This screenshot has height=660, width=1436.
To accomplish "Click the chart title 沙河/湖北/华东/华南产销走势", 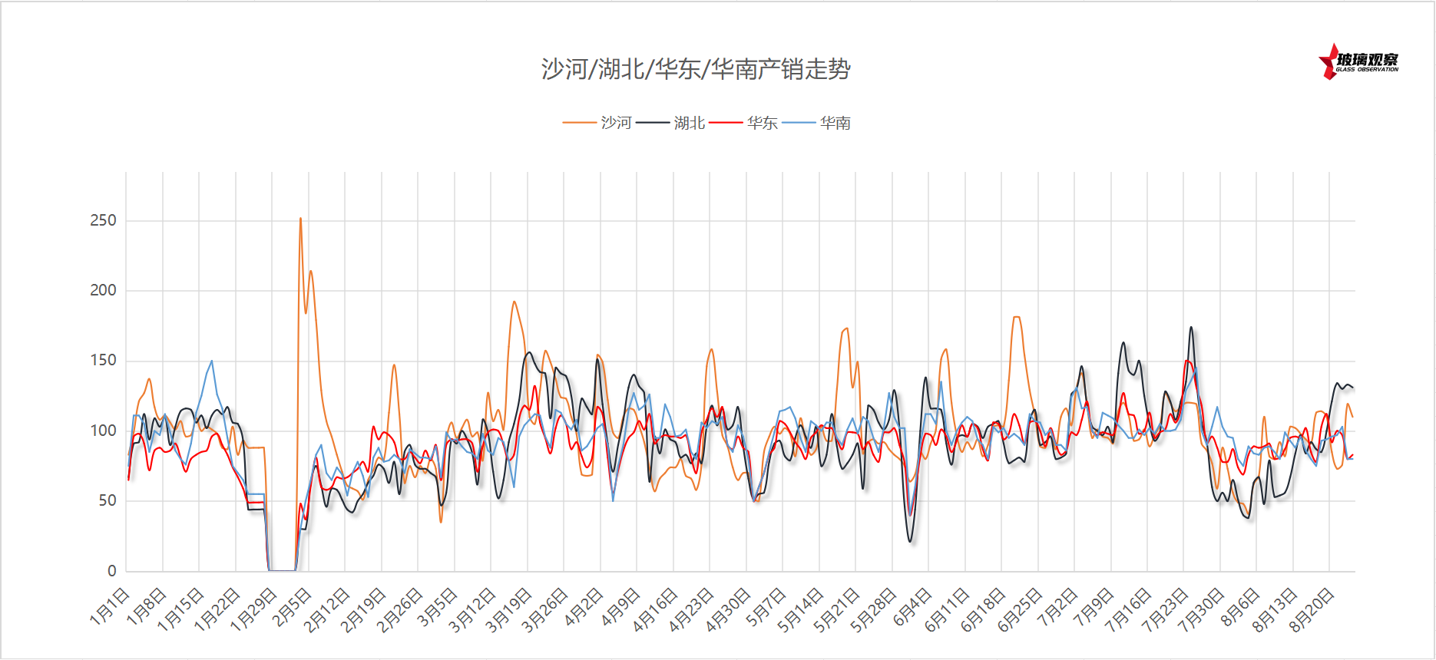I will coord(696,70).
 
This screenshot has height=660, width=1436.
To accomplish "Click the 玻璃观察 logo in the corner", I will coord(1358,62).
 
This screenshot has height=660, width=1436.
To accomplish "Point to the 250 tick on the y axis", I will coord(103,221).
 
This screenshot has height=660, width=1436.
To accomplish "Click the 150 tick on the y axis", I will coord(103,361).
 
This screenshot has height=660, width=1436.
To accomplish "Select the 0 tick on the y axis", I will coord(112,571).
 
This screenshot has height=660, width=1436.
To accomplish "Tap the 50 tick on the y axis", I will coord(108,501).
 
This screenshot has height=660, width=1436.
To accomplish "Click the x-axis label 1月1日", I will coord(110,606).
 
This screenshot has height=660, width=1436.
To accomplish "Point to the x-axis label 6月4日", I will coord(912,606).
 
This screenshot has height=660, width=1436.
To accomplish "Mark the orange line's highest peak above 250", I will coord(300,219).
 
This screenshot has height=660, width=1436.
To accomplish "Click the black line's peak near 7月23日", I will coord(1191,328).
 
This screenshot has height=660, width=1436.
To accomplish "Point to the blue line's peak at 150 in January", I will coord(212,361).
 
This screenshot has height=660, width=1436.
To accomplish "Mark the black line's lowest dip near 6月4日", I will coord(911,542).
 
